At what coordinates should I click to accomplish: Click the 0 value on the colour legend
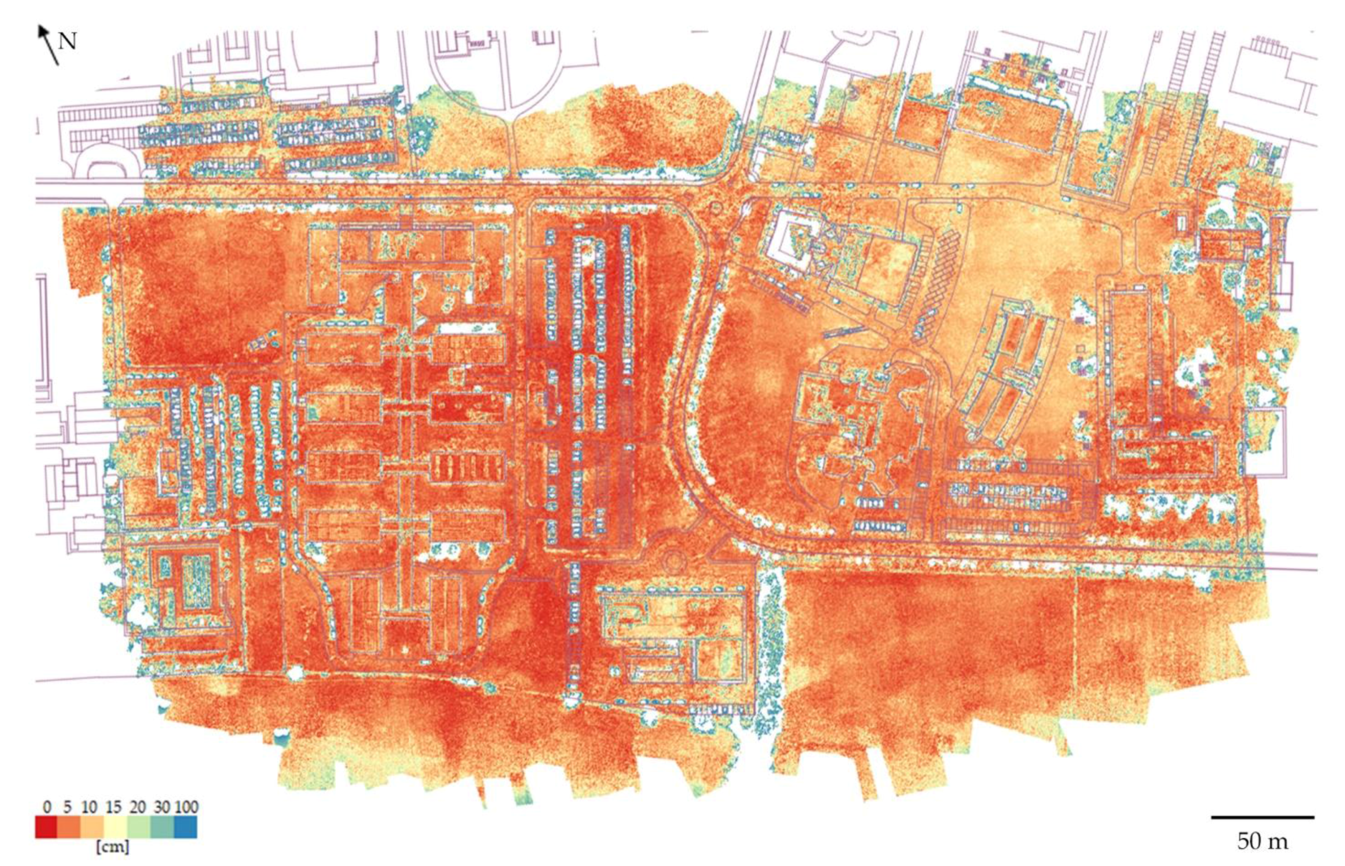tap(47, 807)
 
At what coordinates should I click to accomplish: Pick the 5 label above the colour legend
tap(67, 807)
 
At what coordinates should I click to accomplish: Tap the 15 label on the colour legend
tap(113, 807)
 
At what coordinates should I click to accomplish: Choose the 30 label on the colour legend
tap(162, 807)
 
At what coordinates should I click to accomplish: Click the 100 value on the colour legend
tap(186, 807)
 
